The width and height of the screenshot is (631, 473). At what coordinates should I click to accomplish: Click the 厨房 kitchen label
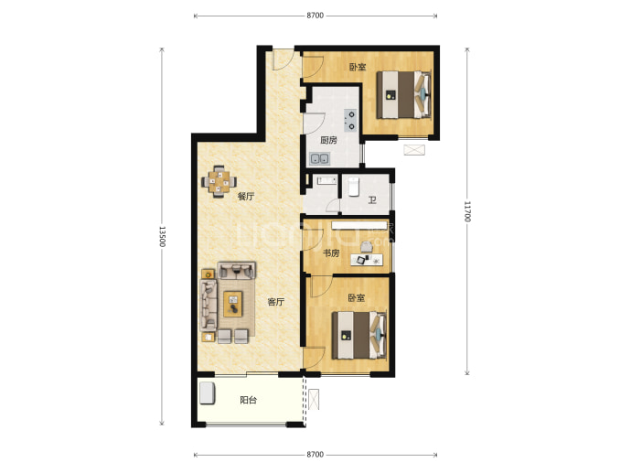click(x=328, y=141)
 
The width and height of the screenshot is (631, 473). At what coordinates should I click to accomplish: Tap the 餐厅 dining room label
click(x=245, y=197)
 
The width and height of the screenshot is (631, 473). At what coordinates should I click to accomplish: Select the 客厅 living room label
click(x=275, y=302)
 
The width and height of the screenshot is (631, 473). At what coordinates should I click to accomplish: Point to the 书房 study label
click(x=331, y=253)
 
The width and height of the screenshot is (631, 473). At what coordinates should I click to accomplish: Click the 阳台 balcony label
click(x=248, y=400)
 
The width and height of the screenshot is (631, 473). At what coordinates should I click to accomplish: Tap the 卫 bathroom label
click(x=372, y=199)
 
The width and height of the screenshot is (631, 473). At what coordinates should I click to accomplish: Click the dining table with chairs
click(x=219, y=181)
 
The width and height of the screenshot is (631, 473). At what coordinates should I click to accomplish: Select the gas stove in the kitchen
click(x=350, y=121)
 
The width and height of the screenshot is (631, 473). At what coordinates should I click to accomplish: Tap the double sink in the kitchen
click(x=319, y=158)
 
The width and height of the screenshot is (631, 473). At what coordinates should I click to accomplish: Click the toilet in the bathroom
click(x=353, y=187)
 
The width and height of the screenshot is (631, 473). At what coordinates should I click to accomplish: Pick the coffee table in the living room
click(x=233, y=304)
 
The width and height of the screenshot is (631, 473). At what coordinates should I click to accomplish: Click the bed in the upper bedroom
click(x=403, y=94)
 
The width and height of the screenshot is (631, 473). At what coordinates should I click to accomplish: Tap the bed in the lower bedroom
click(x=359, y=336)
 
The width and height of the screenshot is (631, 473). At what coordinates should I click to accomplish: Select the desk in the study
click(x=367, y=260)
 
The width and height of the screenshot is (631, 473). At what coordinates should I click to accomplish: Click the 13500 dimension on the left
click(x=162, y=236)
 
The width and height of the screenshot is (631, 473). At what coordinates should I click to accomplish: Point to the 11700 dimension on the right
click(x=466, y=211)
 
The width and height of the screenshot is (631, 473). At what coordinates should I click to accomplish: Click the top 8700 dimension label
click(x=315, y=16)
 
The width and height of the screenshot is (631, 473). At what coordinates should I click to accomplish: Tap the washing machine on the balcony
click(x=208, y=392)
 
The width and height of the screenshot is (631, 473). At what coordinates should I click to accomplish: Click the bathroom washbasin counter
click(x=326, y=180)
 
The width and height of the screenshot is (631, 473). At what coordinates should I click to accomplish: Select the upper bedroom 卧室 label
click(x=358, y=67)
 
